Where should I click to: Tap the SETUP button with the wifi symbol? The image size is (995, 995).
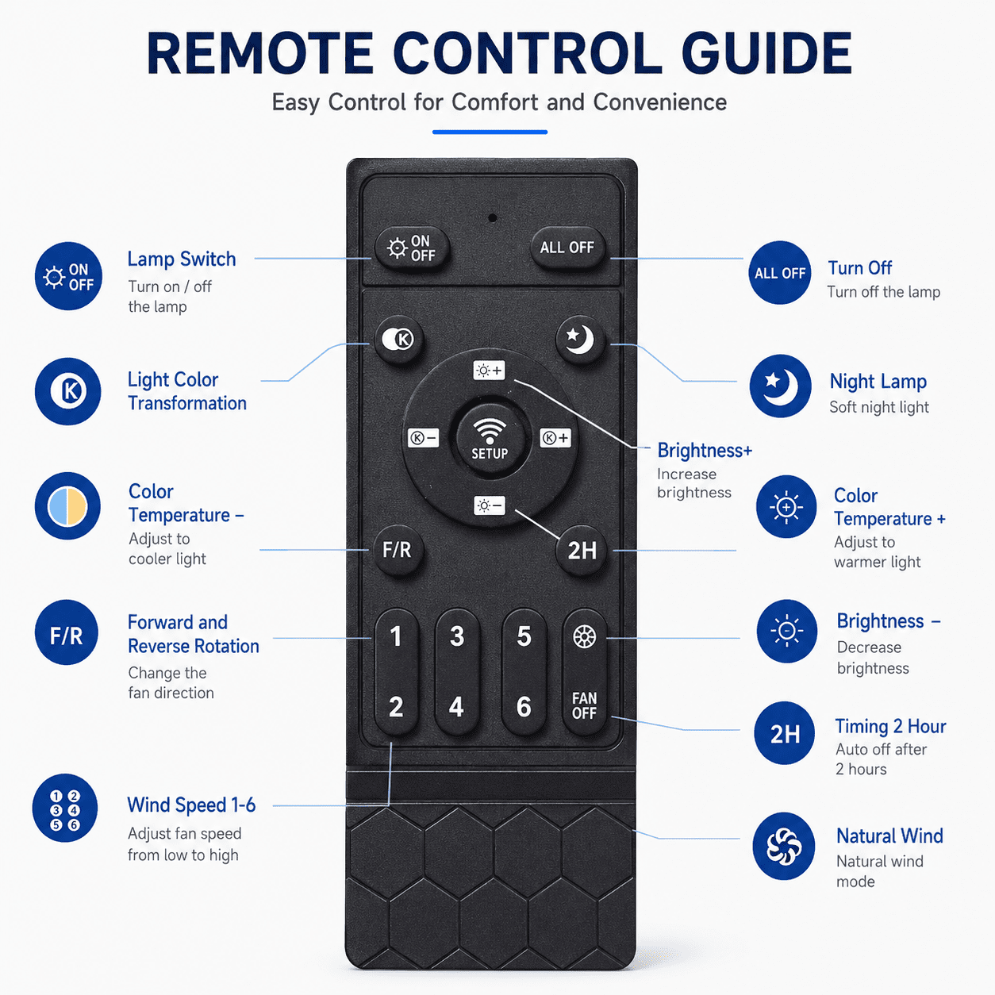pos(490,438)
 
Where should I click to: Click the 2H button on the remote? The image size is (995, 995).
pos(582,551)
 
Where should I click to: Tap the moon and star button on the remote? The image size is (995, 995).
pos(580,340)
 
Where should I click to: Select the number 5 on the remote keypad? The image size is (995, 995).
pos(524,636)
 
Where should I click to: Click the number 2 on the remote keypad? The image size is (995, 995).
pos(396,706)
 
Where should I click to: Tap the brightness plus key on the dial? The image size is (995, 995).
pos(489,371)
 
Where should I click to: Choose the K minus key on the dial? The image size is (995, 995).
pos(424,438)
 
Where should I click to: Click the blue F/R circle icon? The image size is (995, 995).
pos(67,632)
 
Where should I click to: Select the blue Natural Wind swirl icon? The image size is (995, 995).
pos(783,847)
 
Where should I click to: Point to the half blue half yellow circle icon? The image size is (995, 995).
pos(67,506)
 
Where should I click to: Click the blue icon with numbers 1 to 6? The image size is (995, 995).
pos(65,808)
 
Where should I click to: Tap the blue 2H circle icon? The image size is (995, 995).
pos(784,732)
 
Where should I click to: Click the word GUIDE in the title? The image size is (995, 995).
pos(766,54)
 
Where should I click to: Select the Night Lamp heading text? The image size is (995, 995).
pos(878,381)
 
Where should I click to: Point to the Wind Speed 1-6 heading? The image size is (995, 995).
pos(191,805)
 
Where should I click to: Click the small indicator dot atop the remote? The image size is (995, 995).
pos(493,218)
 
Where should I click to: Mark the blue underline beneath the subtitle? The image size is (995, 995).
pos(490,133)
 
